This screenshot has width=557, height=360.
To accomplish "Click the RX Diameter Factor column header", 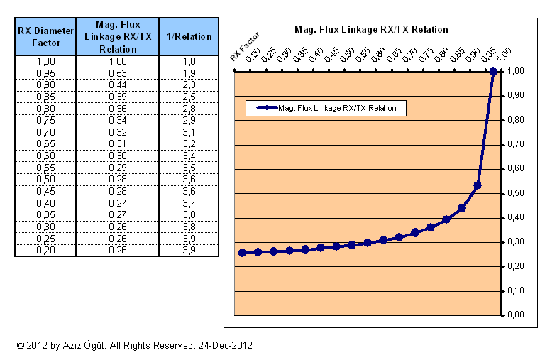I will point(45,37).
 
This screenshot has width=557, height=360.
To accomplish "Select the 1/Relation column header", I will point(188,37).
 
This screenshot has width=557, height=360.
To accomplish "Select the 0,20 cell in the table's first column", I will point(45,250).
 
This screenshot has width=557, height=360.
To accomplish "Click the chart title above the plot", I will point(371,30).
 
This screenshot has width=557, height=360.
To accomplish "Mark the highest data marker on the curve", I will point(493,71).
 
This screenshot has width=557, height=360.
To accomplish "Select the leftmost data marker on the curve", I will point(243,252).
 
